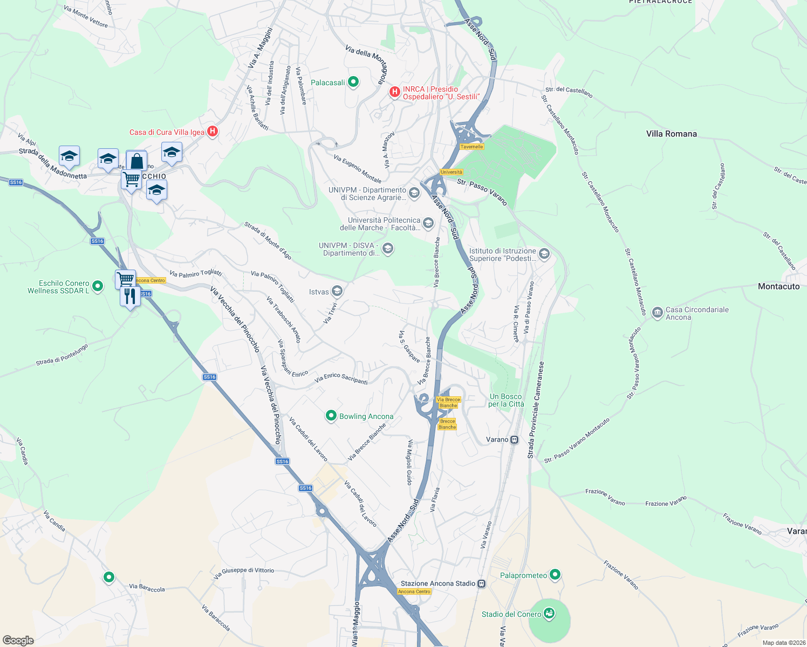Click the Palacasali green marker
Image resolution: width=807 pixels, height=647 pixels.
(x=353, y=82)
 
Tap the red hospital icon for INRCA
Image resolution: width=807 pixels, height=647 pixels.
(x=394, y=92)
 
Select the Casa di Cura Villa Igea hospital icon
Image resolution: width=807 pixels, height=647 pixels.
(x=213, y=131)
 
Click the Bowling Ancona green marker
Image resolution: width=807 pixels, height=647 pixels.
(x=331, y=416)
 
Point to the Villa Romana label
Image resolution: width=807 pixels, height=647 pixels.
(x=671, y=134)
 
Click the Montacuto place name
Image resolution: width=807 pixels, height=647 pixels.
(x=778, y=286)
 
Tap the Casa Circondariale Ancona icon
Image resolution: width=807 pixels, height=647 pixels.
(x=657, y=313)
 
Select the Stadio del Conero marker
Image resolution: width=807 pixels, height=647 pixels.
(x=549, y=613)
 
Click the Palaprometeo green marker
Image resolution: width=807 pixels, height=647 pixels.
(x=555, y=575)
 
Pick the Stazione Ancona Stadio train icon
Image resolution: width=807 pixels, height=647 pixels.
(x=482, y=583)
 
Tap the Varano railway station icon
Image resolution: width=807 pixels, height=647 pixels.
(x=515, y=439)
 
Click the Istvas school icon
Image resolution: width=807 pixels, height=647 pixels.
(x=337, y=292)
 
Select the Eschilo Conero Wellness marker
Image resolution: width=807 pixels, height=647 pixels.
(x=98, y=286)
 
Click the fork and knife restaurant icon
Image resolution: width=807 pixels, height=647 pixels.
(x=130, y=296)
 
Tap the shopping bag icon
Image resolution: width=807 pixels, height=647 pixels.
(x=136, y=161)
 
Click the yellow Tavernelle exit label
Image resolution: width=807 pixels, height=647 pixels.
(x=471, y=147)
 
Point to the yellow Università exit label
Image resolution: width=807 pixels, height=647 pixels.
(x=451, y=173)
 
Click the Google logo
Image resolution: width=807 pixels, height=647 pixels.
(x=18, y=641)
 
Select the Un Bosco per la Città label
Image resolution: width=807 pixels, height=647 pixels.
(x=506, y=400)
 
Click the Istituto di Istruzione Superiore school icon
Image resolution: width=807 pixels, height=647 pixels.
(x=544, y=254)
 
